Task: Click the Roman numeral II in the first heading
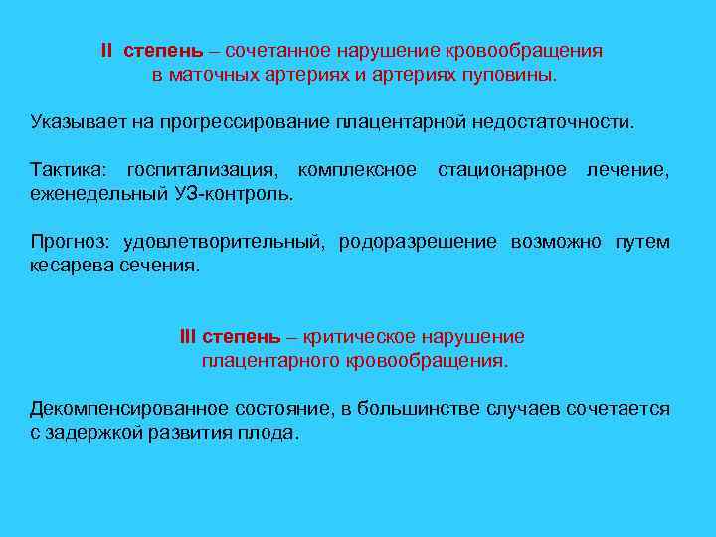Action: [107, 50]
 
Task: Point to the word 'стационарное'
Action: [502, 171]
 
